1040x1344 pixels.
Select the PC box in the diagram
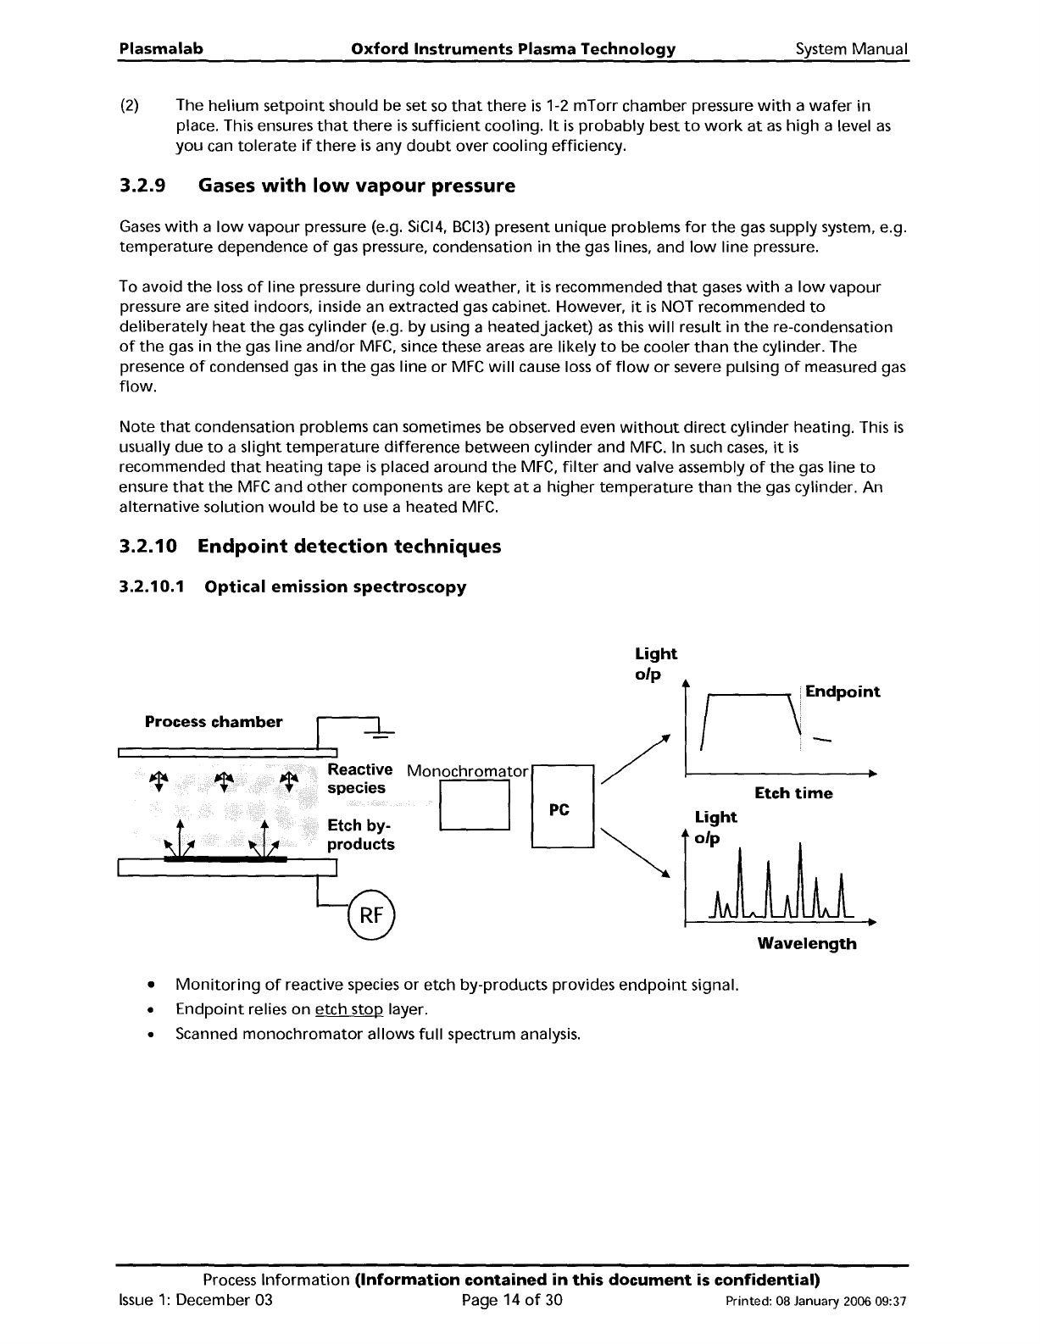(562, 806)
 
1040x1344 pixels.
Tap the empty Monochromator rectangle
(474, 804)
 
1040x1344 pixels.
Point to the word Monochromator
(468, 771)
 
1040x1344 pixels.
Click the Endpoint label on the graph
(843, 691)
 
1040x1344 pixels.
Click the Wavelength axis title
(807, 943)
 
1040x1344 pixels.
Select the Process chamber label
(214, 722)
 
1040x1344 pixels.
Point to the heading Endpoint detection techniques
(349, 547)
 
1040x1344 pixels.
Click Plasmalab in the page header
(161, 49)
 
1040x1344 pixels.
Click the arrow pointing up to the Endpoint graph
(635, 759)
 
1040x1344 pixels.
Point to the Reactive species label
(359, 779)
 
